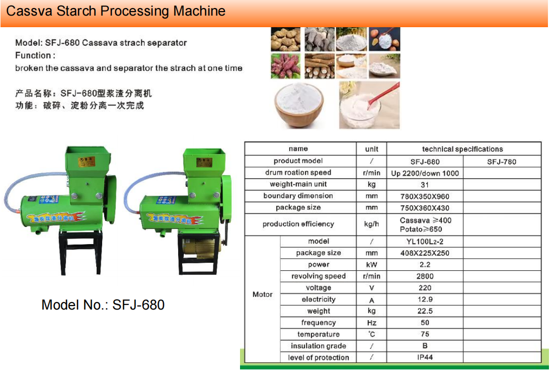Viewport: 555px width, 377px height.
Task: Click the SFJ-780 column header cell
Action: point(502,162)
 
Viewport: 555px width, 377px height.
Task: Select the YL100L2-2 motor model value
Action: point(425,242)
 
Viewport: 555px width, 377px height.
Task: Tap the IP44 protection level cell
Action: point(425,357)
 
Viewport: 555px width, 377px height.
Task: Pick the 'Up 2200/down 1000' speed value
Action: point(425,173)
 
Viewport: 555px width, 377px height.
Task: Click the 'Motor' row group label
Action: point(262,294)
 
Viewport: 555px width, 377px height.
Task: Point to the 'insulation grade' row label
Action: point(318,346)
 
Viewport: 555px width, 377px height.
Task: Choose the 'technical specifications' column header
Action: point(462,149)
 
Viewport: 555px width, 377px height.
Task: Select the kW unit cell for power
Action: point(371,265)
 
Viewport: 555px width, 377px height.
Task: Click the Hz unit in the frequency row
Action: point(371,323)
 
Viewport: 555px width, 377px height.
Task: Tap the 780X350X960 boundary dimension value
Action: point(425,196)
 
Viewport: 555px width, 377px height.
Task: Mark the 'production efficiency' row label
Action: point(298,224)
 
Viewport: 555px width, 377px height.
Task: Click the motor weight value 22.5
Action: point(425,311)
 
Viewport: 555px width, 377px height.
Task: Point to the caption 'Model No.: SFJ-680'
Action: point(103,305)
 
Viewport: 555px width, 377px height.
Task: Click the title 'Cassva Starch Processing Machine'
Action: point(116,11)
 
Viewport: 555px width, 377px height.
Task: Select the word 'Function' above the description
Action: point(33,55)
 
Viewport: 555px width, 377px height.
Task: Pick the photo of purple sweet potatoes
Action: point(285,66)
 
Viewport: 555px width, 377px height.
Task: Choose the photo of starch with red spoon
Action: point(369,105)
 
